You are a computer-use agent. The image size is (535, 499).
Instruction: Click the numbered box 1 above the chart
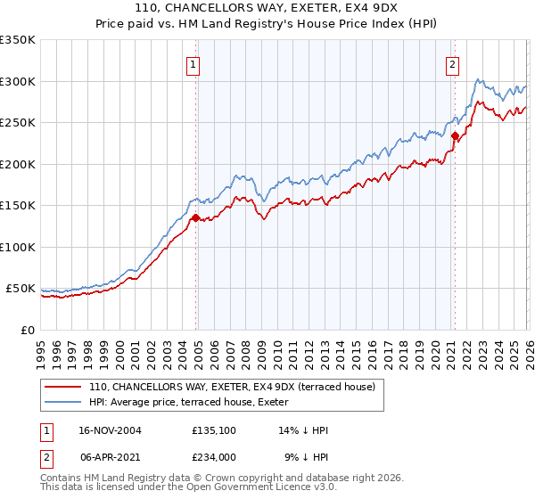click(193, 64)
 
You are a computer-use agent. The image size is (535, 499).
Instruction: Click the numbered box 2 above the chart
click(453, 64)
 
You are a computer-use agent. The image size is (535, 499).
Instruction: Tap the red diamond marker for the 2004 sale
click(195, 217)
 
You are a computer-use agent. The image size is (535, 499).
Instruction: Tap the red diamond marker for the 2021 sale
click(455, 136)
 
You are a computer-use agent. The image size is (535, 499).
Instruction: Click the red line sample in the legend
click(63, 387)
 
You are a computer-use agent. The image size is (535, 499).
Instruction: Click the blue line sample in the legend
click(63, 402)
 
